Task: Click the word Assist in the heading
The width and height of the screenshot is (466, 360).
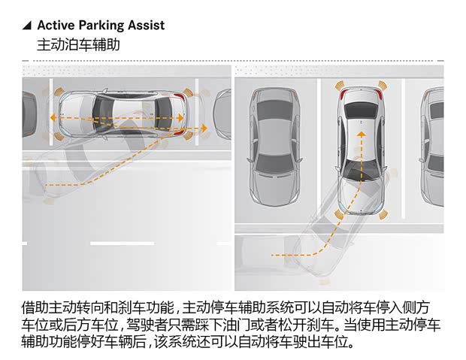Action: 146,26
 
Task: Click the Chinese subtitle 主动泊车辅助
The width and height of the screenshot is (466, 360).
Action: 78,45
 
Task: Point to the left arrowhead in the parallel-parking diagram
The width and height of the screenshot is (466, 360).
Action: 52,119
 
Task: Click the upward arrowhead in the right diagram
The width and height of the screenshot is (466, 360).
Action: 361,135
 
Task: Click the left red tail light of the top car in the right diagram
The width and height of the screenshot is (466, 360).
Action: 343,95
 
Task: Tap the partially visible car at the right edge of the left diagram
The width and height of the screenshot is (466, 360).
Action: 222,113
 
